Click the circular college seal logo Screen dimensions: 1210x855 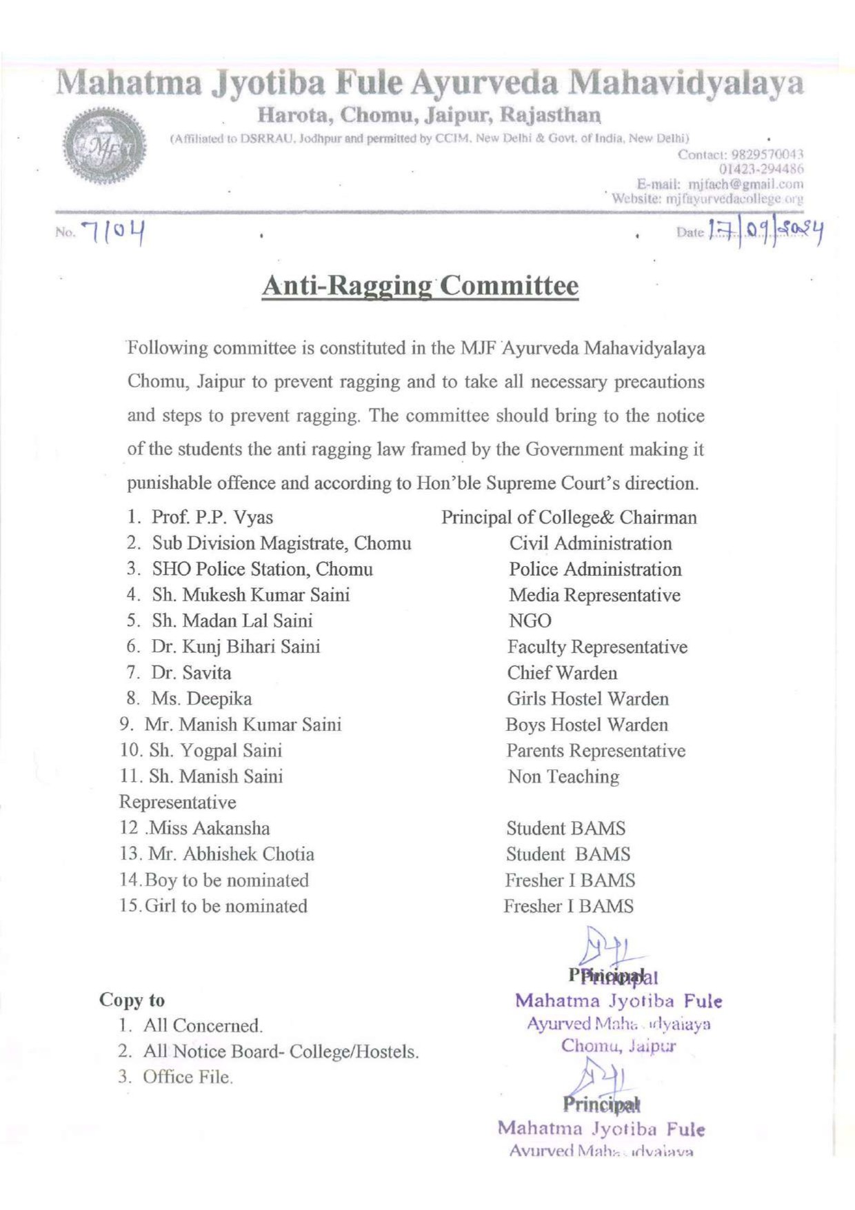pyautogui.click(x=104, y=145)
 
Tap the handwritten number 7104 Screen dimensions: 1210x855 pyautogui.click(x=113, y=232)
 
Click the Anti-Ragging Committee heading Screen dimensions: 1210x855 pyautogui.click(x=419, y=285)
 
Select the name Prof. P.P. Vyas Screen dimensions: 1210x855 pyautogui.click(x=212, y=517)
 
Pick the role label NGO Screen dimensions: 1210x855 pyautogui.click(x=530, y=621)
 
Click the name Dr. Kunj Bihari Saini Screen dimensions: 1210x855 pyautogui.click(x=236, y=647)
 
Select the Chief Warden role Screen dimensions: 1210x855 pyautogui.click(x=562, y=673)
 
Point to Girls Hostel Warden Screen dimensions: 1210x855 pyautogui.click(x=587, y=698)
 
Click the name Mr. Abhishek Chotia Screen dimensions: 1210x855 pyautogui.click(x=231, y=854)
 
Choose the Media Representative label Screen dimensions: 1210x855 pyautogui.click(x=594, y=595)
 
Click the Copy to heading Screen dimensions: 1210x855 pyautogui.click(x=132, y=1000)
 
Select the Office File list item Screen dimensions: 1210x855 pyautogui.click(x=188, y=1077)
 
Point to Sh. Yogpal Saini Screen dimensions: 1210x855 pyautogui.click(x=215, y=750)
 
